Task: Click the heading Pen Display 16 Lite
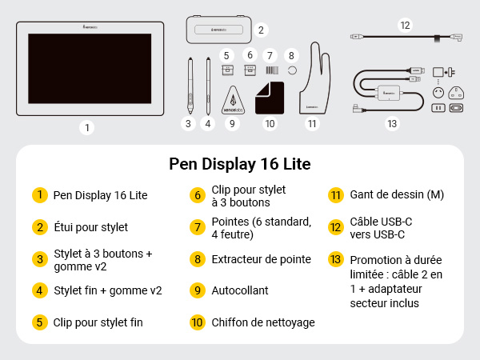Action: click(x=240, y=164)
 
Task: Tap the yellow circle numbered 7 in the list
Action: click(x=197, y=227)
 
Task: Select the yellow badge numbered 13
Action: click(x=335, y=259)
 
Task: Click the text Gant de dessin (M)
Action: click(x=397, y=194)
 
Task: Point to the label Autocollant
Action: click(x=240, y=290)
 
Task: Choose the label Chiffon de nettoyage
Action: click(x=263, y=322)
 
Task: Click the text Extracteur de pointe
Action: click(x=262, y=259)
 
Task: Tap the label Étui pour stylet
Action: click(x=90, y=227)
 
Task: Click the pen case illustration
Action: click(x=215, y=30)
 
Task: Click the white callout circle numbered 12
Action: click(x=405, y=26)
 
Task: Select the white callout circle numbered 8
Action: click(x=291, y=55)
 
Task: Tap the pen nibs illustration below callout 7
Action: click(x=270, y=70)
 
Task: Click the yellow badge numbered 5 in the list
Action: click(x=38, y=322)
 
